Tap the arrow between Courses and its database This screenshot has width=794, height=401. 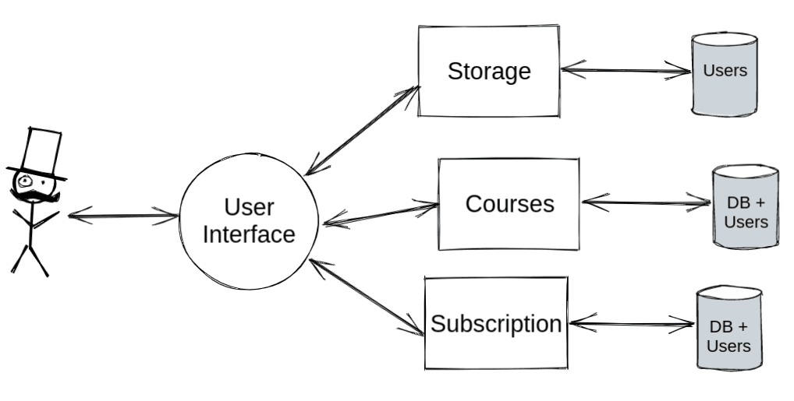click(646, 204)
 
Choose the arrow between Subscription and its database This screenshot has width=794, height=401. click(632, 323)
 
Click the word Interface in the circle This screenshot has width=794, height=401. click(249, 234)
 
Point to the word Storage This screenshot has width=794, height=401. click(489, 71)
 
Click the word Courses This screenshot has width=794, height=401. click(509, 204)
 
